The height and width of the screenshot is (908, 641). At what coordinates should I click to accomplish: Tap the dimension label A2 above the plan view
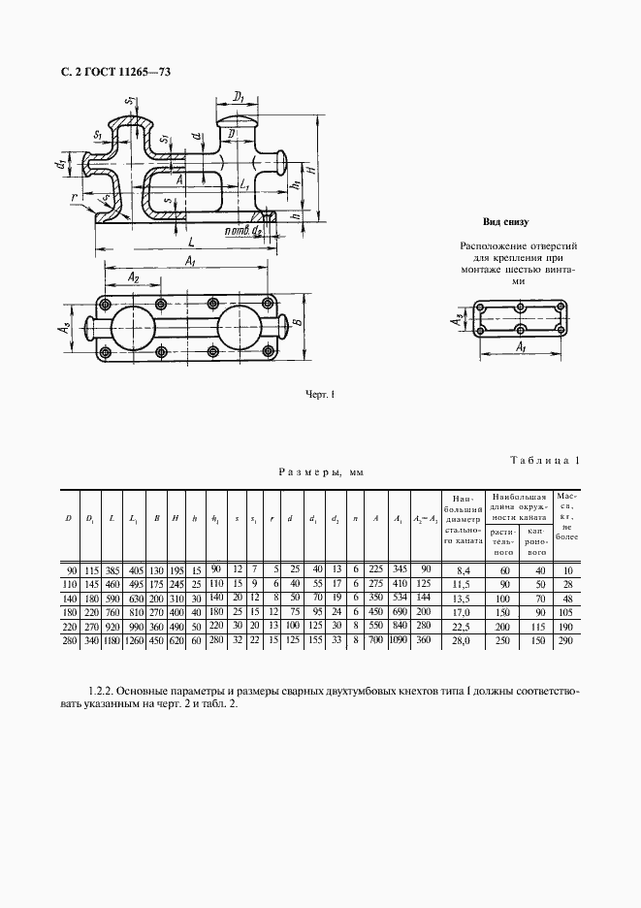coord(135,277)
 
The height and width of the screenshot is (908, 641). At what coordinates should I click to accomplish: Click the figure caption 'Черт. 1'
coord(319,394)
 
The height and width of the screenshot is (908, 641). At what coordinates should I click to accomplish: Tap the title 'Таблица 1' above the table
coord(543,460)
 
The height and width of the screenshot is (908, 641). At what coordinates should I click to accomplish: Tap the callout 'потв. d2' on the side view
coord(242,233)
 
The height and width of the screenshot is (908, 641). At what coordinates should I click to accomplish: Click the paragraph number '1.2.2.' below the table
coord(102,691)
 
